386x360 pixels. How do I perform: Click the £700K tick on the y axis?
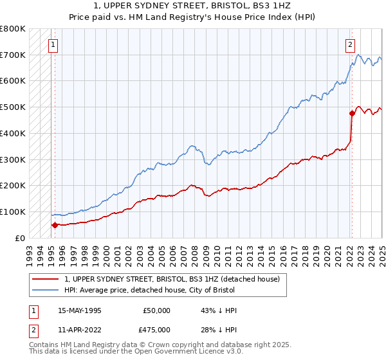[x=13, y=55]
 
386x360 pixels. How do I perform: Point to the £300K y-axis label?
[x=13, y=159]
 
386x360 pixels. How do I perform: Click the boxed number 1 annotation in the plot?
[x=52, y=45]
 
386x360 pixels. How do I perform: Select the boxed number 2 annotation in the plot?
[x=350, y=45]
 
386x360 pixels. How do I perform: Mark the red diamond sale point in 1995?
[x=55, y=225]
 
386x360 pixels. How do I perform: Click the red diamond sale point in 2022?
[x=352, y=114]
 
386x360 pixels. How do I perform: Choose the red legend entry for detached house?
[x=171, y=280]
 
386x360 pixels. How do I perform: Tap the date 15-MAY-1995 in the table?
[x=80, y=310]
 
